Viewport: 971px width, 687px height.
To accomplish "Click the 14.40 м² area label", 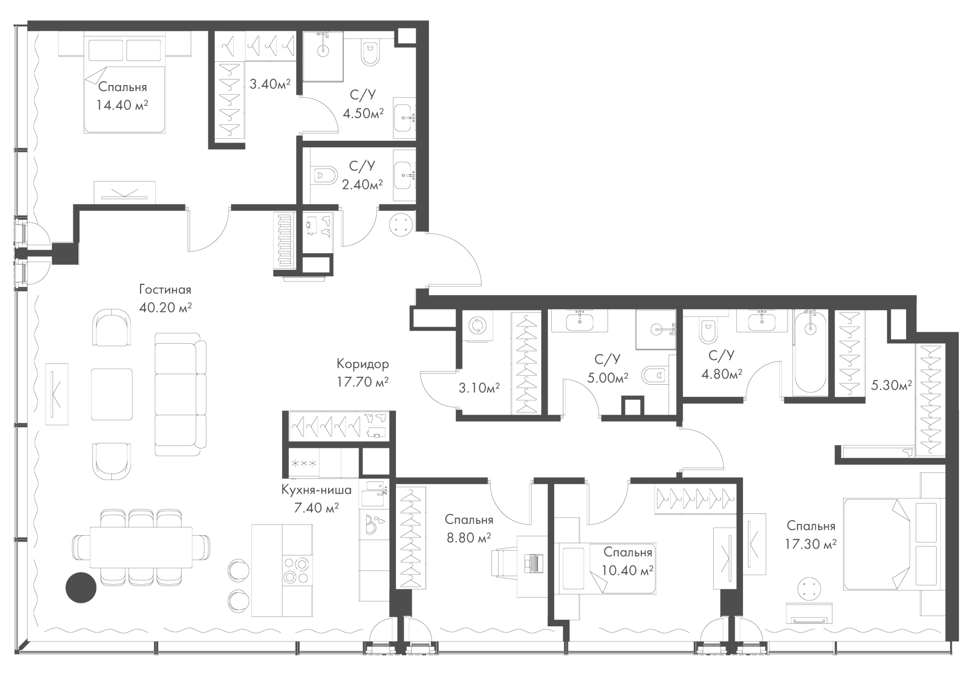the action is click(122, 105).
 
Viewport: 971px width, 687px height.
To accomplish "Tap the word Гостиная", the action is click(165, 290).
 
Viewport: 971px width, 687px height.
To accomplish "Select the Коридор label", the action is click(363, 363).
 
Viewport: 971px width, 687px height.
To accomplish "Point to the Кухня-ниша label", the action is click(317, 490).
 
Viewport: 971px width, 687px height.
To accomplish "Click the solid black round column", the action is click(81, 587).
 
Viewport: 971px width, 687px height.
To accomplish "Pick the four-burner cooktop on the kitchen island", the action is click(296, 570).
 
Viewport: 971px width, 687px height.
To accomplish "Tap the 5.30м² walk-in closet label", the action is click(892, 385).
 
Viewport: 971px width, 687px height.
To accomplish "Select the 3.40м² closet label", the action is click(270, 84).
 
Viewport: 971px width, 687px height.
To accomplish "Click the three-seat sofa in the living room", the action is click(181, 394).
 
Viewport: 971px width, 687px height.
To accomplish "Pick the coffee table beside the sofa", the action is click(112, 394).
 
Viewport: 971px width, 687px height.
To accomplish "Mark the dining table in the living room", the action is click(141, 548).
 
